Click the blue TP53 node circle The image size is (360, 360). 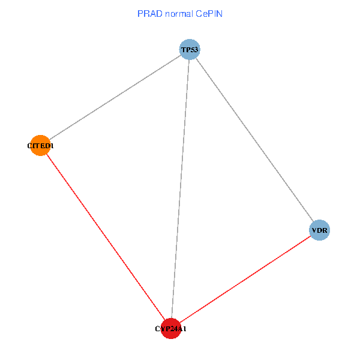[190, 49]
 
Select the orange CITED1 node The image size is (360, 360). [40, 145]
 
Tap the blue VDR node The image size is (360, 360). [320, 230]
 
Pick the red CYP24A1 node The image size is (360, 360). [171, 328]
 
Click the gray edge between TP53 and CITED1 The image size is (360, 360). [115, 97]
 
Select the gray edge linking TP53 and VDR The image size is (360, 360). [254, 139]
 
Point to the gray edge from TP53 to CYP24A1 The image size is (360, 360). [180, 189]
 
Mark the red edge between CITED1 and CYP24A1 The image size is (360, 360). [105, 236]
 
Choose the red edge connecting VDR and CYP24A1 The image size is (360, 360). [245, 279]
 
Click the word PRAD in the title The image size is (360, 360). [149, 13]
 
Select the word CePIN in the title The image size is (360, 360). [210, 13]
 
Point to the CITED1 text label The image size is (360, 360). [40, 145]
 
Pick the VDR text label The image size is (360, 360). [320, 230]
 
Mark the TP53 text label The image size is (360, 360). [190, 50]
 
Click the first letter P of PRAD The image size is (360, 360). [140, 13]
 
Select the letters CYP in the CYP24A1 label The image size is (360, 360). [160, 329]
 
